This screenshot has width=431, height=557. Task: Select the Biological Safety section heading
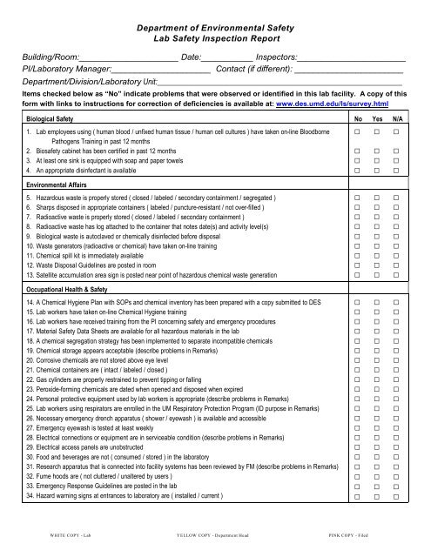coord(56,117)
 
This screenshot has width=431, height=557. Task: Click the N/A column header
coord(397,117)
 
